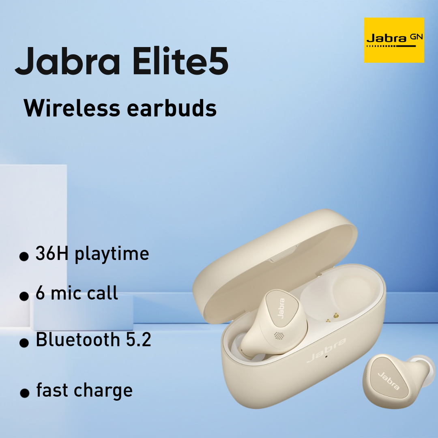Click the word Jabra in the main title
[68, 61]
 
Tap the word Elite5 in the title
[180, 60]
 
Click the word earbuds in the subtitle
[172, 108]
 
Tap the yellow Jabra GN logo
[394, 40]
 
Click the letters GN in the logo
[416, 36]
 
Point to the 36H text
[52, 253]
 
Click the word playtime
[112, 254]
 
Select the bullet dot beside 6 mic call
[24, 296]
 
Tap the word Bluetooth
[78, 339]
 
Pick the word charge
[103, 391]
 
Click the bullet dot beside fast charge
[25, 393]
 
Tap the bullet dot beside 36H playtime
[24, 256]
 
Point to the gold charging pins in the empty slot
[332, 318]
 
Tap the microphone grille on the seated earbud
[279, 335]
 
